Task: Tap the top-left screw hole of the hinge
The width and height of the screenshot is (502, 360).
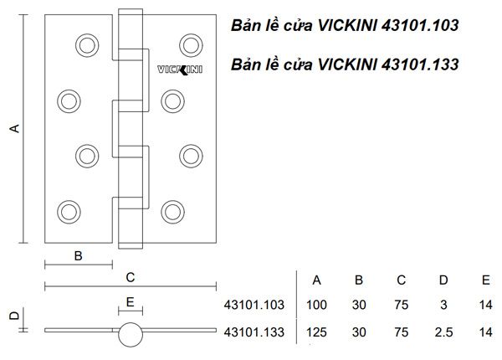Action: (86, 44)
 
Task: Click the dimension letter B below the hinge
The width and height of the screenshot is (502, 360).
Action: (78, 256)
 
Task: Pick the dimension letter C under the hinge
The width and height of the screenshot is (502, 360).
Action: (130, 277)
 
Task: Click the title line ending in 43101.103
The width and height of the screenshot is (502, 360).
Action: (345, 27)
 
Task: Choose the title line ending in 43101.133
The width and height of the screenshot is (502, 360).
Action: (345, 64)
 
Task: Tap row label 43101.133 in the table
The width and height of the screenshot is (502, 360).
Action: (255, 333)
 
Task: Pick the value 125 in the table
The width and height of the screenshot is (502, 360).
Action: (317, 333)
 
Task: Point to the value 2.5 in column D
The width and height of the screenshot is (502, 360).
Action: (443, 333)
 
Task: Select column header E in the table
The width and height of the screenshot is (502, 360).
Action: (485, 280)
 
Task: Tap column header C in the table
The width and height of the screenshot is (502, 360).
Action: (401, 280)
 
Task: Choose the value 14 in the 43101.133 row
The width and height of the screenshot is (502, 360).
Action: (485, 333)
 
